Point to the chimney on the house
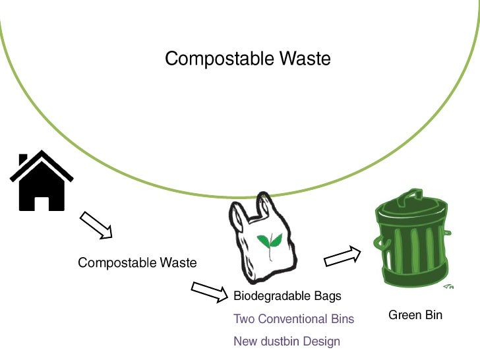point(24,160)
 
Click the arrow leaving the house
point(96,225)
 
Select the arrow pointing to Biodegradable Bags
point(210,292)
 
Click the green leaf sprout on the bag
point(268,243)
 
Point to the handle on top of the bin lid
point(413,194)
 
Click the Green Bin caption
point(415,315)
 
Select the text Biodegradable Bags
point(287,296)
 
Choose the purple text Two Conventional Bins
point(293,319)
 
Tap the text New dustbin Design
point(287,342)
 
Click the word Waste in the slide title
point(304,59)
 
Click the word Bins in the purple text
point(341,319)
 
